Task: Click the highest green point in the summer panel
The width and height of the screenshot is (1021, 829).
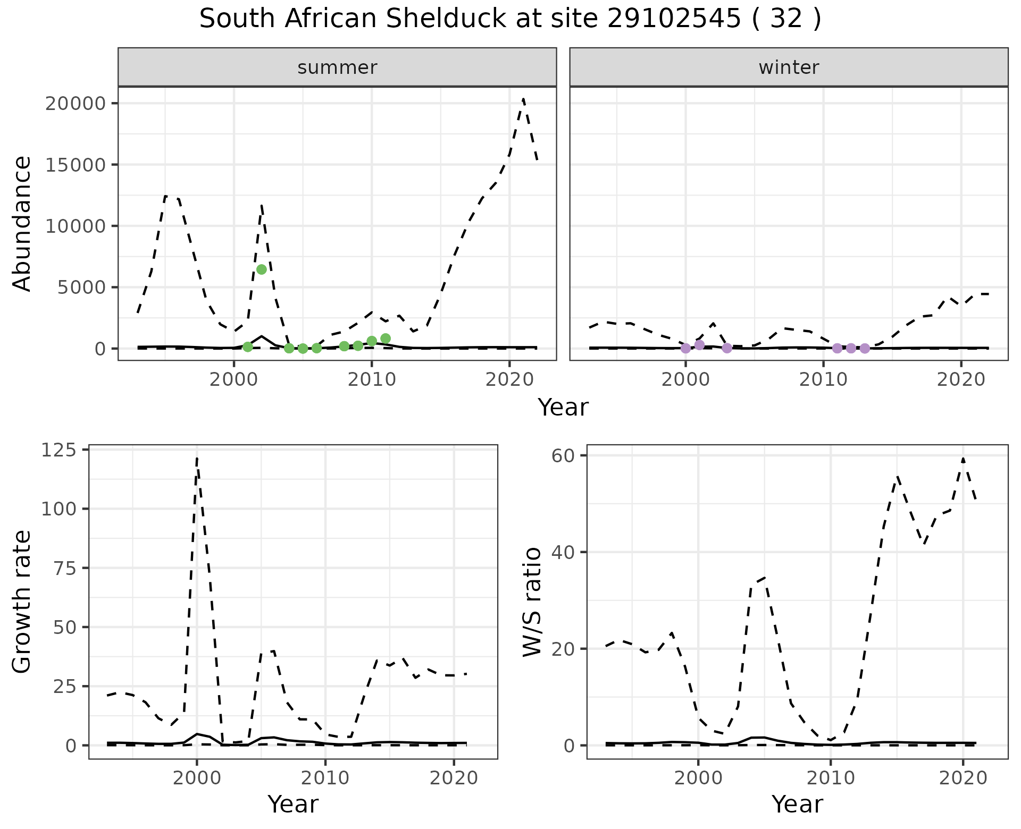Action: [261, 269]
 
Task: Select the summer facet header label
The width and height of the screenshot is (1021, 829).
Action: [337, 67]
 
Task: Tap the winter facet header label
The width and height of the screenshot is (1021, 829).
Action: [789, 67]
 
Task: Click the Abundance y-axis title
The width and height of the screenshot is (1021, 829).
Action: [22, 223]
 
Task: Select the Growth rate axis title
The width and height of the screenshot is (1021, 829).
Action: [22, 602]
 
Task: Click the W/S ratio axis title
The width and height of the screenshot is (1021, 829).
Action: [532, 602]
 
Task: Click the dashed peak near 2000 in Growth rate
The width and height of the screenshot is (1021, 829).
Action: [197, 458]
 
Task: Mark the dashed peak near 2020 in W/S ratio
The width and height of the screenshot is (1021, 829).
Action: [963, 458]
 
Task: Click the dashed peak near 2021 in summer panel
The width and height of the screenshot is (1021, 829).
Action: [523, 99]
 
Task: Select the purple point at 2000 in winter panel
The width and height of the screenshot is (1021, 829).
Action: [685, 348]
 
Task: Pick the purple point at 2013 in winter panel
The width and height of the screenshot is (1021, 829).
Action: [865, 348]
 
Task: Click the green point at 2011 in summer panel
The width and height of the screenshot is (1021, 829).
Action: [386, 339]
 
